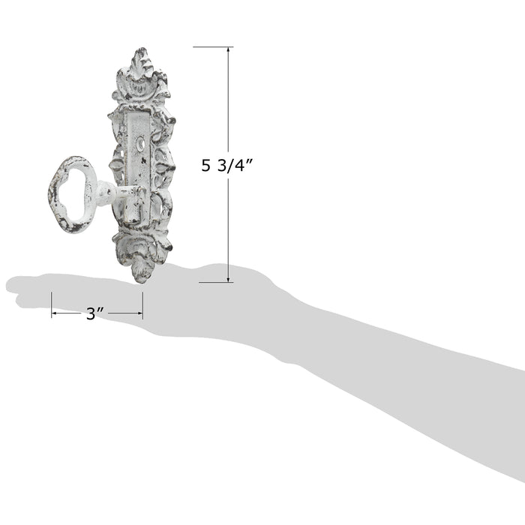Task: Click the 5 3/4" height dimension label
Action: (226, 165)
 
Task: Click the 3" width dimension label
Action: (94, 313)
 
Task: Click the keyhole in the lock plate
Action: (140, 145)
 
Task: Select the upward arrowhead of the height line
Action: (228, 50)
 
